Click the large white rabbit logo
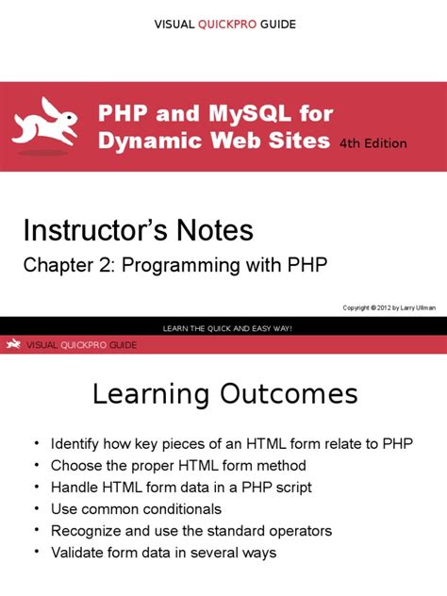[45, 123]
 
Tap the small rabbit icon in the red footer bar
[13, 343]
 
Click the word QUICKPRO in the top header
[227, 25]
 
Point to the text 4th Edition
[372, 143]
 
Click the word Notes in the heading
[215, 230]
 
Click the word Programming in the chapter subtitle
[180, 266]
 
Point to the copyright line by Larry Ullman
[389, 307]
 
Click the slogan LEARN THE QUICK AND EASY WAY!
[227, 328]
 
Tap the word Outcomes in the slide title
[289, 394]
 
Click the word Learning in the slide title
[151, 395]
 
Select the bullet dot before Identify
[37, 443]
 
